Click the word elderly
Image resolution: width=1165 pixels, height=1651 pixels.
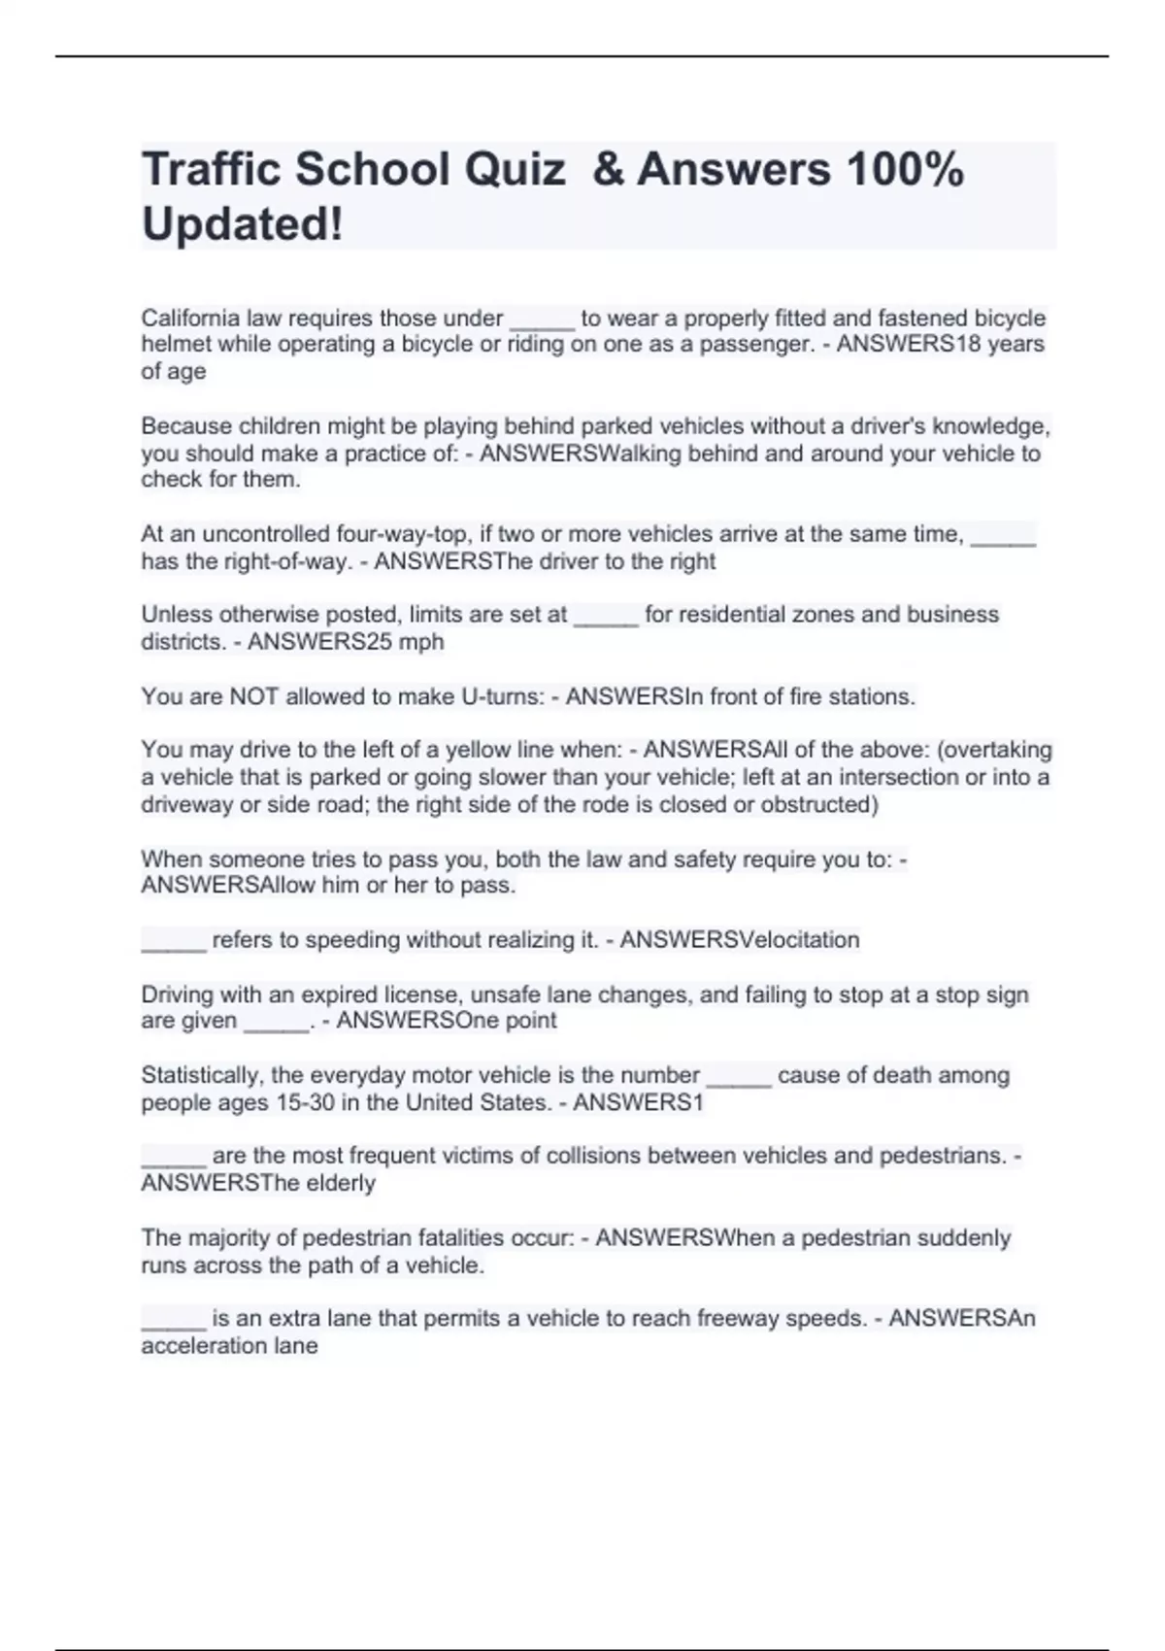(x=339, y=1183)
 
